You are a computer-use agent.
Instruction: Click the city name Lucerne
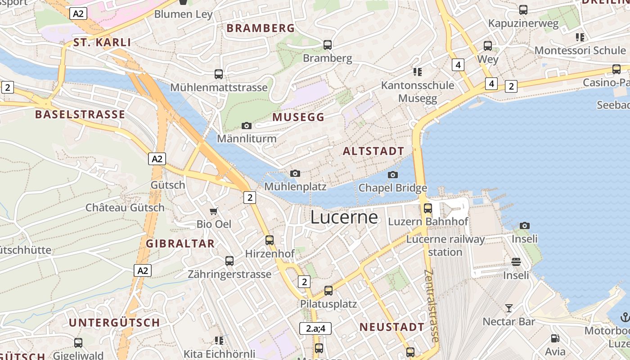click(x=344, y=218)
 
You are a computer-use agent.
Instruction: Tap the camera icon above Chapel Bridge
click(x=393, y=175)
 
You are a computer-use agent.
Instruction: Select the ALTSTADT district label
click(x=373, y=151)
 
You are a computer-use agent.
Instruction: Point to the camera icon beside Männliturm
click(x=246, y=126)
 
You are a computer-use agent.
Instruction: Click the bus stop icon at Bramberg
click(x=328, y=45)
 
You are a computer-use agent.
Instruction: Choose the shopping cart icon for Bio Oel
click(x=214, y=211)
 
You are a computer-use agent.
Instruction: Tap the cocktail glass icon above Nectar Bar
click(x=509, y=308)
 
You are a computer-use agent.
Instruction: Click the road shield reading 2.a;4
click(x=315, y=328)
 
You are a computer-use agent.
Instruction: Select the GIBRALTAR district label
click(x=180, y=244)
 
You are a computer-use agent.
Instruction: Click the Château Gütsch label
click(x=125, y=208)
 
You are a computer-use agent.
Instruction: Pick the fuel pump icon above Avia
click(x=555, y=338)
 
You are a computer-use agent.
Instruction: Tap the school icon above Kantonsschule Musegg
click(x=417, y=72)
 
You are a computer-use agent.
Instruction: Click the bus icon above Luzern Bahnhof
click(x=428, y=208)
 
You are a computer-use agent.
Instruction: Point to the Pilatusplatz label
click(x=328, y=304)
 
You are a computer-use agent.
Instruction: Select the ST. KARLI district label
click(x=102, y=43)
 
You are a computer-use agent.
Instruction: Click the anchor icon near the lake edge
click(x=625, y=317)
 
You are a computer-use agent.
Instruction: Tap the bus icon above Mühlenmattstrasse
click(x=219, y=74)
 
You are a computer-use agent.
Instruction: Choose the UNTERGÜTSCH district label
click(x=114, y=323)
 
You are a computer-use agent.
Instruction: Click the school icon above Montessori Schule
click(x=580, y=37)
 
